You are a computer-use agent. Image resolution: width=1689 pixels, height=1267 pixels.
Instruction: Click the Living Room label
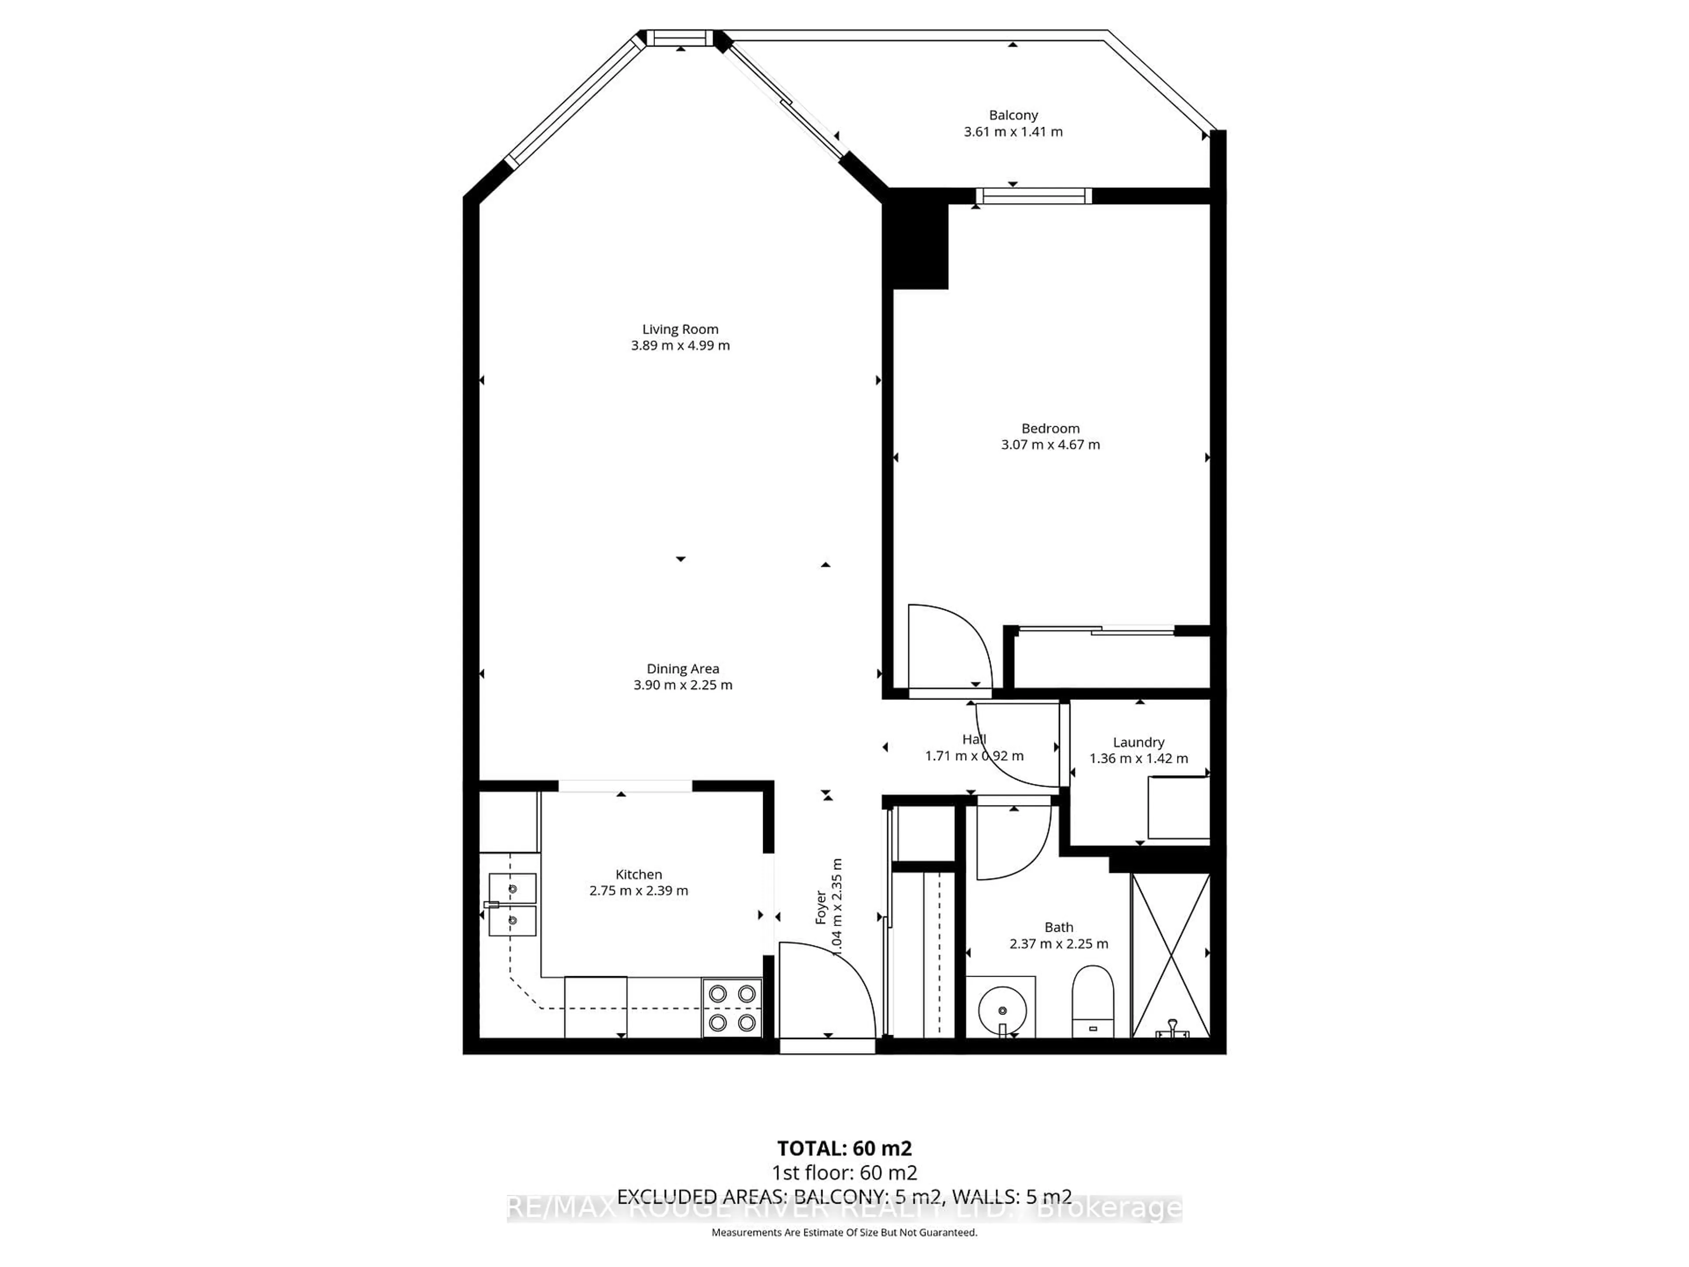click(x=680, y=329)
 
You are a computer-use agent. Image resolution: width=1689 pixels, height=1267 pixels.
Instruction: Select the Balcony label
click(x=1013, y=115)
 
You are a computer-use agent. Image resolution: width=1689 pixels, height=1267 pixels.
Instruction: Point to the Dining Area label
click(x=683, y=669)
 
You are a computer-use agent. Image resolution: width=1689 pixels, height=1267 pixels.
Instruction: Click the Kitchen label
click(x=638, y=875)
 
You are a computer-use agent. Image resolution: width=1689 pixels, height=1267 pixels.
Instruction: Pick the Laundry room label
click(x=1138, y=742)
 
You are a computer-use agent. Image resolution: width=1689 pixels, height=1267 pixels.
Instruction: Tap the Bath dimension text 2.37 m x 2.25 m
click(x=1058, y=944)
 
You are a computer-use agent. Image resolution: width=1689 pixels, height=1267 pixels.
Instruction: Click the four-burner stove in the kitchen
click(x=731, y=1007)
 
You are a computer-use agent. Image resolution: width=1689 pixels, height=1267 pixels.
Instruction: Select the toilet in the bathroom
click(x=1093, y=999)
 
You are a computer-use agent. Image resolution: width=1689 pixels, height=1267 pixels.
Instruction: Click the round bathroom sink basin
click(x=1002, y=1010)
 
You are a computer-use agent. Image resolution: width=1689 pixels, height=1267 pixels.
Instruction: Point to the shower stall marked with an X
click(x=1170, y=955)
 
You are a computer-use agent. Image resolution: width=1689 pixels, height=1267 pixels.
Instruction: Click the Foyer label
click(x=821, y=907)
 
